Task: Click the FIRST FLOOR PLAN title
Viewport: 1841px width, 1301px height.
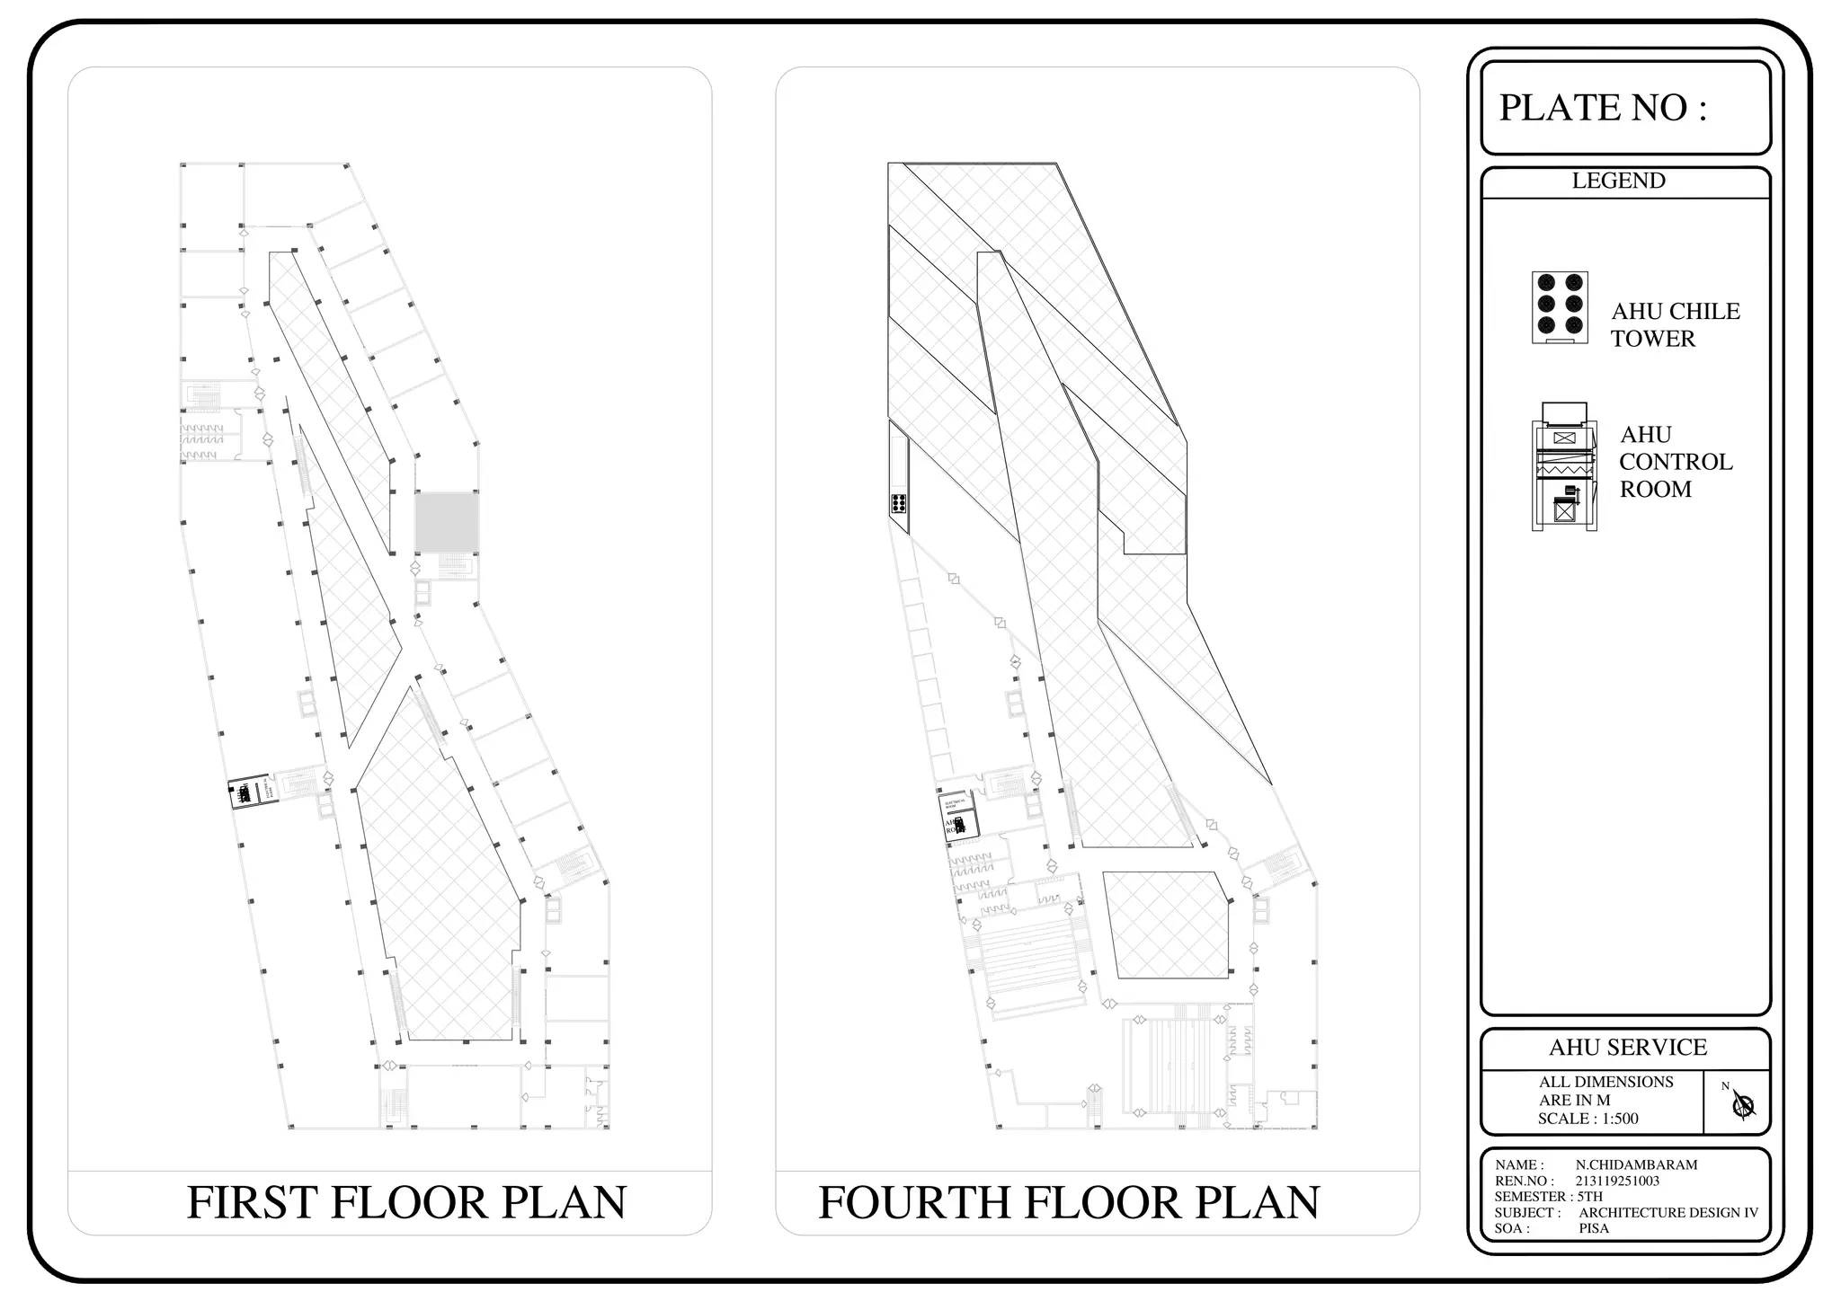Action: (406, 1202)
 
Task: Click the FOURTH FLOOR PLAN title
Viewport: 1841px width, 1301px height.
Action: (1069, 1202)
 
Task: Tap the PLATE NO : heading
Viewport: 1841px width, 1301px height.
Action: (1603, 108)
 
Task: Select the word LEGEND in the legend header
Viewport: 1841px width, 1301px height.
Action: (1618, 181)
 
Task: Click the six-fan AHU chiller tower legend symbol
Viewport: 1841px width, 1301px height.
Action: (1560, 307)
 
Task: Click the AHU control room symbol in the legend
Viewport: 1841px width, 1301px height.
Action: (1564, 466)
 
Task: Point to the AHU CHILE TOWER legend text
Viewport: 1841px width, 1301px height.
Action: (1675, 324)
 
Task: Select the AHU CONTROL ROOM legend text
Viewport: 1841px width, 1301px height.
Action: (1675, 462)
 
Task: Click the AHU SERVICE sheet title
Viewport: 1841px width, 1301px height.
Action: (1627, 1048)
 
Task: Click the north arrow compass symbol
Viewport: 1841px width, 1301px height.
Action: (1743, 1104)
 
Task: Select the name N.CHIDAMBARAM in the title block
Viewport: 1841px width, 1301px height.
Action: (1636, 1164)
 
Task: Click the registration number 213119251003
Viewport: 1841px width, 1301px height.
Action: (1617, 1181)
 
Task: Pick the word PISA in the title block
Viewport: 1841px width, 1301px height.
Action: (1594, 1228)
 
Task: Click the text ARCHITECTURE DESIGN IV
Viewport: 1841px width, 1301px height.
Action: (1668, 1212)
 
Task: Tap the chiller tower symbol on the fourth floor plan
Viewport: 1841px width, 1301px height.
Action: (898, 503)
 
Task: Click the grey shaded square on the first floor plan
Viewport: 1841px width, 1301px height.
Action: (446, 522)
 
